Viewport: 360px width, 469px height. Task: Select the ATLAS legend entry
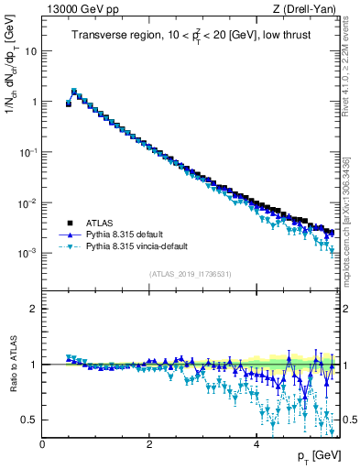click(x=103, y=223)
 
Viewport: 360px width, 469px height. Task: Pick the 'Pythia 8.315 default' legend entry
click(x=129, y=234)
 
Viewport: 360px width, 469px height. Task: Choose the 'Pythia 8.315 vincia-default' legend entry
click(x=142, y=246)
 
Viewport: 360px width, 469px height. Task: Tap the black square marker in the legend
click(x=70, y=223)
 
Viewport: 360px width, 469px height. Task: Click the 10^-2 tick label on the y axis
click(x=29, y=202)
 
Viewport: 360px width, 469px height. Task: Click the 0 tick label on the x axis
click(x=43, y=444)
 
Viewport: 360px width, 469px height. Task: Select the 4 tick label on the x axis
click(x=256, y=444)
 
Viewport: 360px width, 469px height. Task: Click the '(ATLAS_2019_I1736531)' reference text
click(x=191, y=275)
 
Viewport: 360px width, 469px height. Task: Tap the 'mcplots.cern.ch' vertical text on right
click(x=351, y=211)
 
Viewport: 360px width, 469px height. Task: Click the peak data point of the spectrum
click(x=74, y=92)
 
